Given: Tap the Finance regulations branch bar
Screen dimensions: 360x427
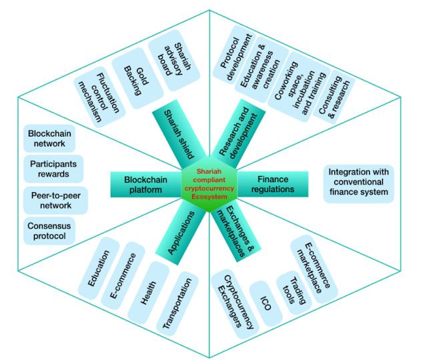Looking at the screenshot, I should point(274,184).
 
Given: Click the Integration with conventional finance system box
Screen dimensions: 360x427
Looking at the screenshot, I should point(358,182).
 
